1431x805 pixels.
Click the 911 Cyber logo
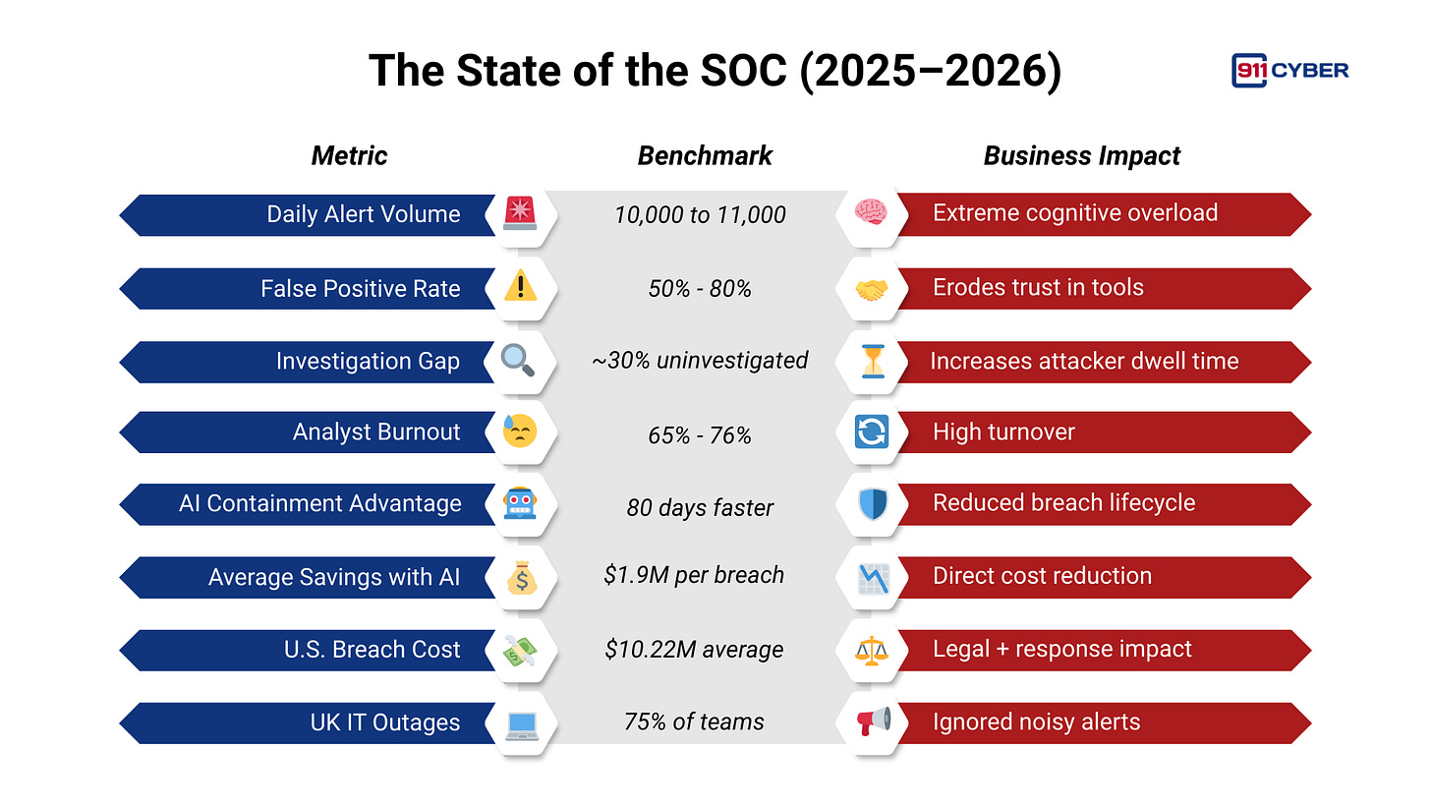coord(1288,70)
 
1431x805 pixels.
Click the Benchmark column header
coord(705,155)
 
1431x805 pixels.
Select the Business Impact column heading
coord(1081,155)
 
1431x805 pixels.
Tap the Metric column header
coord(349,155)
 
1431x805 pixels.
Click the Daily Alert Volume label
coord(363,214)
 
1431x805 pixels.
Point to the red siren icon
coord(520,213)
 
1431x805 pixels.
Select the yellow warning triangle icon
coord(520,287)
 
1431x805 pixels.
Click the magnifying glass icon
coord(519,360)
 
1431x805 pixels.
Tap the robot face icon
coord(520,504)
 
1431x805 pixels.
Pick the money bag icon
coord(521,577)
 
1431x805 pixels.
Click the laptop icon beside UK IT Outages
coord(520,723)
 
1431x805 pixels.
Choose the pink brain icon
coord(870,212)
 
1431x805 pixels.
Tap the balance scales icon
coord(870,650)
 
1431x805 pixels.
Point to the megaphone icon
coord(871,721)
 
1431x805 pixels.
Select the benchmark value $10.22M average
coord(695,650)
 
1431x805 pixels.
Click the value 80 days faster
coord(700,508)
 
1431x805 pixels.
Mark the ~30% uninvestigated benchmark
coord(700,361)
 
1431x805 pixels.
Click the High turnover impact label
coord(1003,432)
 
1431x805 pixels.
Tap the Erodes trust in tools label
coord(1038,287)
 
